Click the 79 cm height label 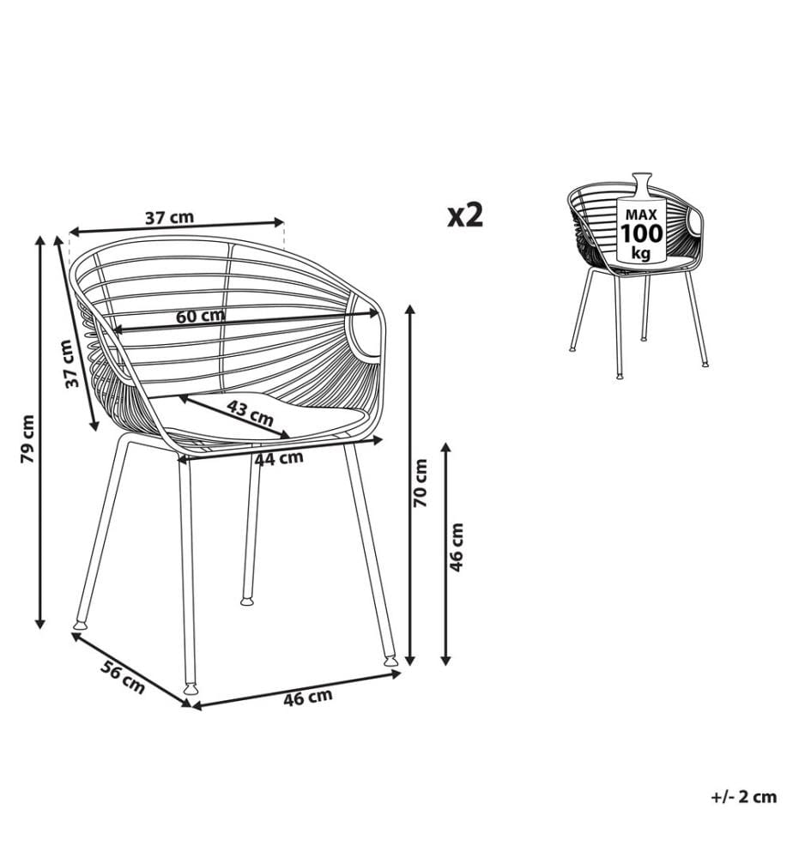click(27, 438)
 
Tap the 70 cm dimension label click(421, 483)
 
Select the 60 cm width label click(200, 317)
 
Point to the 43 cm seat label click(250, 414)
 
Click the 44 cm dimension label click(279, 458)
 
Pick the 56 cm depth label click(123, 678)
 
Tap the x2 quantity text click(466, 214)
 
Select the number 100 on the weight click(641, 233)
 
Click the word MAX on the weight click(641, 214)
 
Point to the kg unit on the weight click(641, 254)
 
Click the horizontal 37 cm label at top click(170, 218)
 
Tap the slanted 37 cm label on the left click(69, 363)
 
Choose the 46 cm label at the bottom click(307, 698)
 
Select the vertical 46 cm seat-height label click(456, 547)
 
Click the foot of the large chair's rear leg click(248, 601)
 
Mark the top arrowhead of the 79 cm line click(39, 241)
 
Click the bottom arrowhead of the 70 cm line click(410, 659)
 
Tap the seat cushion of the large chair click(257, 415)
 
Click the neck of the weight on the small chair click(641, 182)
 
